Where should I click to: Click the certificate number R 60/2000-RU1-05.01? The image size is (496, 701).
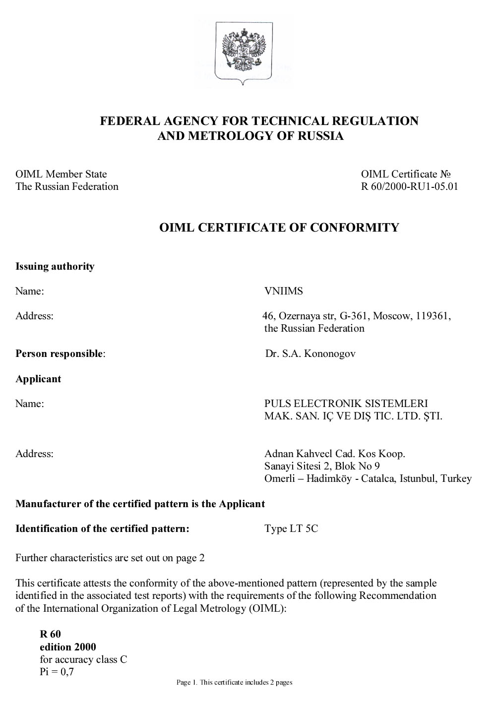click(x=409, y=187)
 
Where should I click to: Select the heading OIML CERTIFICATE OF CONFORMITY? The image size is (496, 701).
click(x=279, y=228)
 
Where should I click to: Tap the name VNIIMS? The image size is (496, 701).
click(x=283, y=291)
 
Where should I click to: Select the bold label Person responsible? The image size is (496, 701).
click(x=60, y=354)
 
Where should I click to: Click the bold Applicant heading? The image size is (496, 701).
click(x=38, y=379)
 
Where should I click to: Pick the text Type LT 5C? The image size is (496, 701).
click(x=291, y=528)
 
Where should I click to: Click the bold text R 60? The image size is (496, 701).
click(x=50, y=634)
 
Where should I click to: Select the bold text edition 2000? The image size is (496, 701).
click(x=68, y=647)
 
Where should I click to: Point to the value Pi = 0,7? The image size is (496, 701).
click(x=57, y=672)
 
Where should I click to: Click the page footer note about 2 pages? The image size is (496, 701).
click(x=235, y=683)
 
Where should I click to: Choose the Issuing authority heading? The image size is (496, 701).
click(x=55, y=266)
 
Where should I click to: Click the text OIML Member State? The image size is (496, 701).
click(x=61, y=174)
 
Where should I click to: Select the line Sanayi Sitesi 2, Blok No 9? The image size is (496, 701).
click(x=322, y=466)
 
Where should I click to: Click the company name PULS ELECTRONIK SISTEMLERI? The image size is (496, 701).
click(x=346, y=404)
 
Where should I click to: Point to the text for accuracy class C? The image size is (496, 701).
click(x=83, y=659)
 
